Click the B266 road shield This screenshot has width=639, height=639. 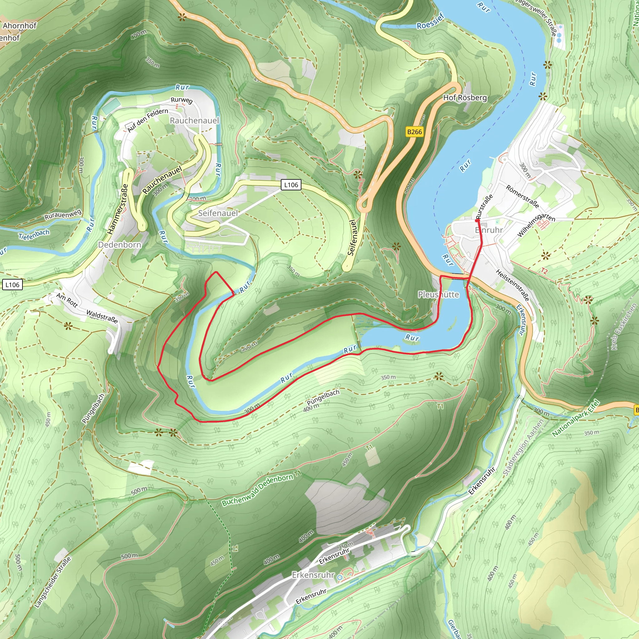(414, 132)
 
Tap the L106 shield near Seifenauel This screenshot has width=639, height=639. (291, 185)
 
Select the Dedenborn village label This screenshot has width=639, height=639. (120, 245)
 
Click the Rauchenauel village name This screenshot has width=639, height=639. (194, 120)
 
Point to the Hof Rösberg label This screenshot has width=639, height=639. (465, 98)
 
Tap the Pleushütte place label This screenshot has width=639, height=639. (438, 294)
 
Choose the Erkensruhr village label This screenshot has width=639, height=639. (313, 575)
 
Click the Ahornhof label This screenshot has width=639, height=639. (20, 26)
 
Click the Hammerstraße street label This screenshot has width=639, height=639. (117, 209)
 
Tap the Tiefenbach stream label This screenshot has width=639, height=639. (34, 234)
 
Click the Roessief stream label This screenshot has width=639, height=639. (430, 22)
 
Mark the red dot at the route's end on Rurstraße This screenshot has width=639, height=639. (477, 220)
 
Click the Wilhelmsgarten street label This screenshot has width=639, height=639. (535, 225)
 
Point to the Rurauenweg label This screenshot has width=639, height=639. (63, 215)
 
